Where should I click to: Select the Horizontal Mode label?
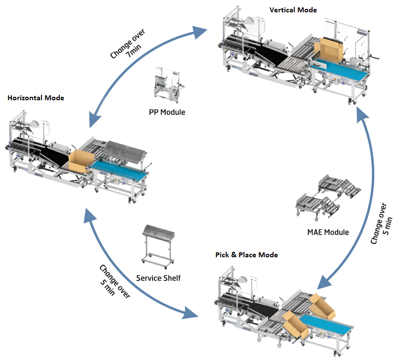coord(36,98)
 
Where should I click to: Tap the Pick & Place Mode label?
coord(246,255)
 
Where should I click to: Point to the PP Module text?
coord(167,112)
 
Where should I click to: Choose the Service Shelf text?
coord(158,278)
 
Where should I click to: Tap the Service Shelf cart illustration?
coord(158,244)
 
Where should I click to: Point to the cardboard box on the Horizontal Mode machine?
coord(80,160)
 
